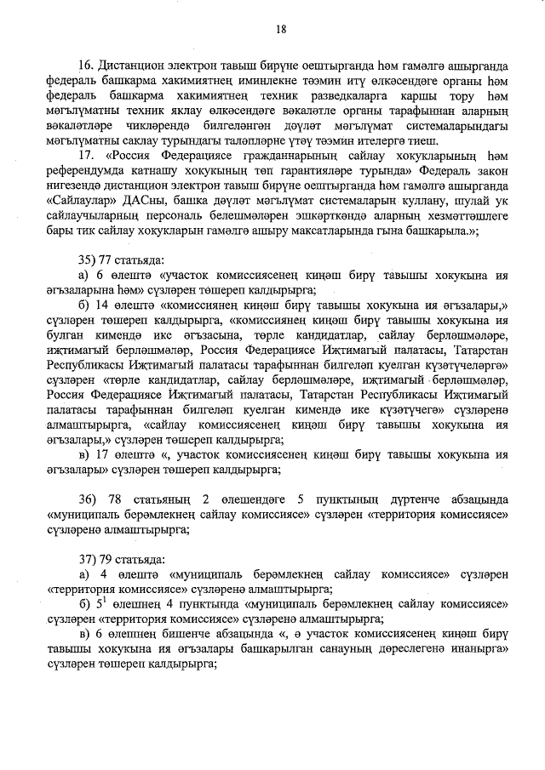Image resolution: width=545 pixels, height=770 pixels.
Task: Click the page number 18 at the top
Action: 280,30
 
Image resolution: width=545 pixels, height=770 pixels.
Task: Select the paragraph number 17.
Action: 84,156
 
